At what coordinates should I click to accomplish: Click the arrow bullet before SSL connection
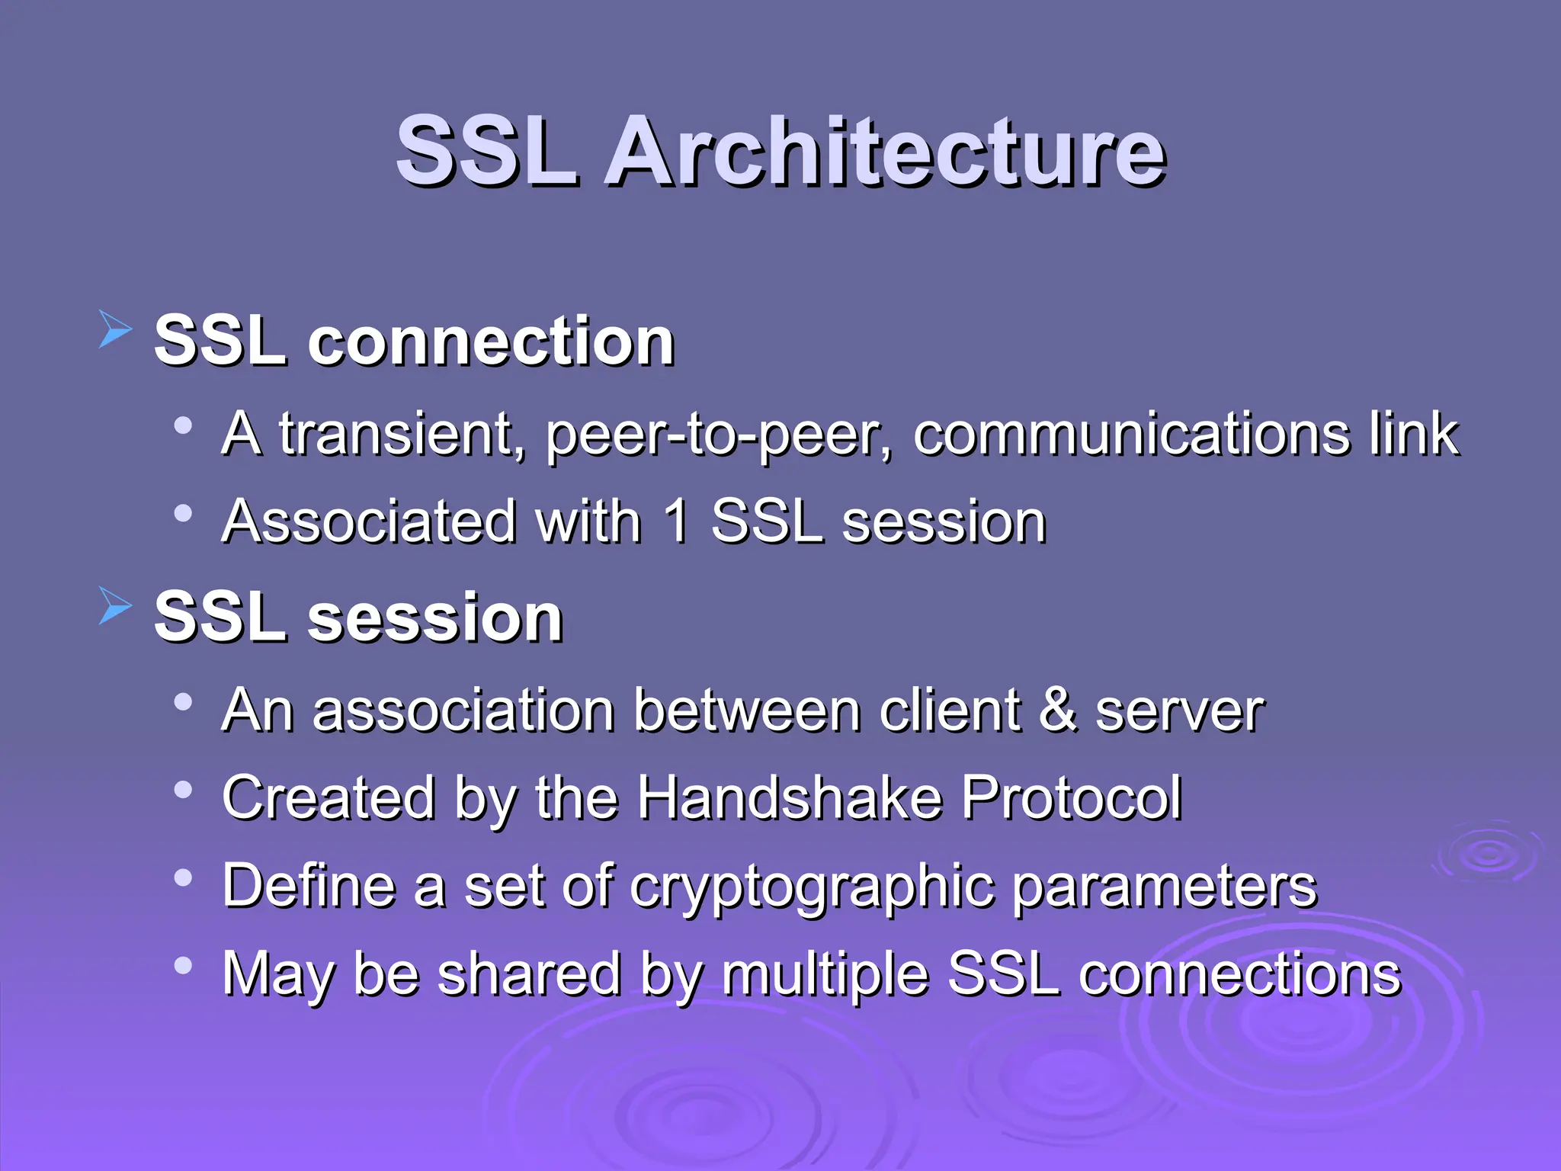point(115,330)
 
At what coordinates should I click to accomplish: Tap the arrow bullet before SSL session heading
point(115,607)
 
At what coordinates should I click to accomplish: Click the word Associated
point(369,522)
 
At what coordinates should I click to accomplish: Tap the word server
point(1179,712)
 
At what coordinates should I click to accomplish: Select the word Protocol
point(1071,797)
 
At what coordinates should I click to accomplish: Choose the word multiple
point(825,975)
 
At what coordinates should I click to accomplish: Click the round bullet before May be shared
point(183,966)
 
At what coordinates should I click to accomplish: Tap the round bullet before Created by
point(183,790)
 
